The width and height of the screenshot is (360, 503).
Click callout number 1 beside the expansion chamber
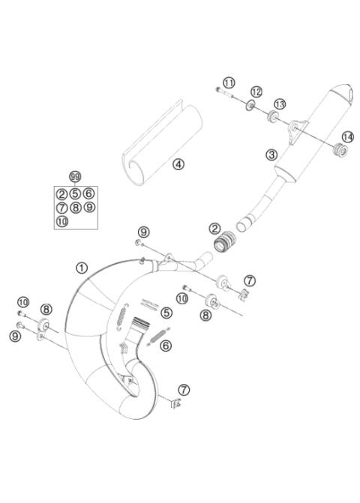[x=82, y=266]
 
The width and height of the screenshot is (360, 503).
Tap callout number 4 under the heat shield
[x=177, y=163]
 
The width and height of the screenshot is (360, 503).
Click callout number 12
[x=256, y=91]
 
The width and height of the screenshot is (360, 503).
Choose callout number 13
[x=280, y=103]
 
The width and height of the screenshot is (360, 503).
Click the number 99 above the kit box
[x=74, y=177]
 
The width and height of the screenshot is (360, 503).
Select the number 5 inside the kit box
[x=75, y=193]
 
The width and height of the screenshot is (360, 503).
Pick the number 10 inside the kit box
[x=61, y=221]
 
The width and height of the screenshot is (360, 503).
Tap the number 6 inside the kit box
[x=88, y=193]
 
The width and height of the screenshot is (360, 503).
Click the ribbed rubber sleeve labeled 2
[x=223, y=242]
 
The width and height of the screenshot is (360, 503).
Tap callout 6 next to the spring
[x=166, y=346]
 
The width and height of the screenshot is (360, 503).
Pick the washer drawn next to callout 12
[x=248, y=106]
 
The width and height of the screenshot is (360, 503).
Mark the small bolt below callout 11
[x=219, y=91]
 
